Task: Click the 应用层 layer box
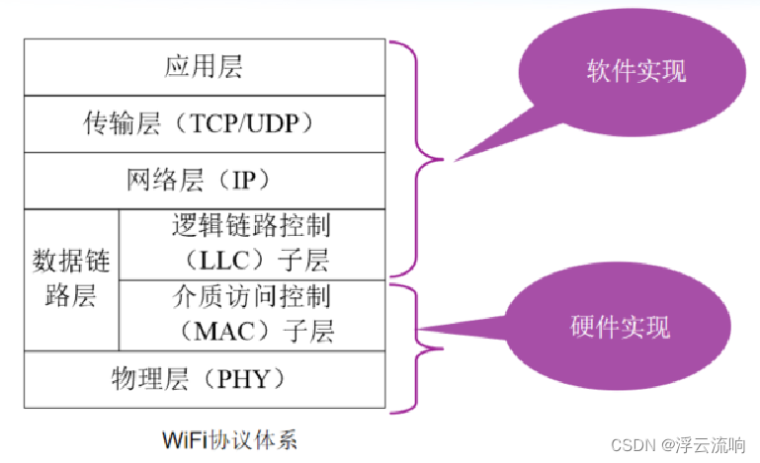(x=203, y=67)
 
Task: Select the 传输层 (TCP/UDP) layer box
(x=203, y=123)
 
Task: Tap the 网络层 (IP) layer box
(x=203, y=181)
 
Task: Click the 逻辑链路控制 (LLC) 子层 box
(x=251, y=244)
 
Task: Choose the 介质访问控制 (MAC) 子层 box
(x=251, y=314)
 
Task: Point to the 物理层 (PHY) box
(x=203, y=378)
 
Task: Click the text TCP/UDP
(x=251, y=124)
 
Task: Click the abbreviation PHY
(x=250, y=379)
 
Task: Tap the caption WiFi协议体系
(x=229, y=438)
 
